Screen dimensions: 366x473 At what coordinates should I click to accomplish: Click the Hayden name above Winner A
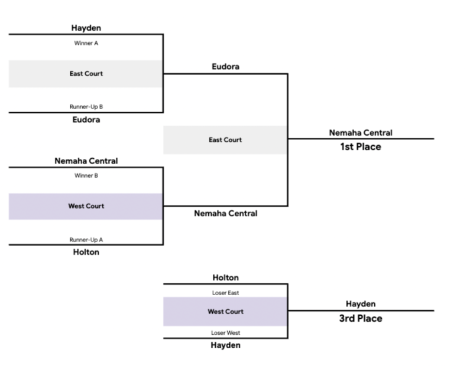point(86,28)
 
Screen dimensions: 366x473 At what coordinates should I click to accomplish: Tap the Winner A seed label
point(86,43)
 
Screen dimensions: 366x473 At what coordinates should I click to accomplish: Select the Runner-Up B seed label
point(86,107)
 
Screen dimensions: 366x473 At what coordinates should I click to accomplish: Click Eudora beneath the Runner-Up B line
point(86,120)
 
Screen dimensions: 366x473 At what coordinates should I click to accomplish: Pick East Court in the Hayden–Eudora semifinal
point(86,74)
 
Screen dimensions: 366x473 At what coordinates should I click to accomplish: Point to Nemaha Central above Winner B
point(86,161)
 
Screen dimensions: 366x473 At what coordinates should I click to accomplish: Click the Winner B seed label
point(86,175)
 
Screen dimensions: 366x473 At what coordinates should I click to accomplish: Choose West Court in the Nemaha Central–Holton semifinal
point(86,206)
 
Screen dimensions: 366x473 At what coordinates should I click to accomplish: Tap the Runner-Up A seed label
point(86,240)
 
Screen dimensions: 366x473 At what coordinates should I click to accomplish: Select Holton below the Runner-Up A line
point(86,252)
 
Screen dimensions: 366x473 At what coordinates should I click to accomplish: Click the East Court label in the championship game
point(225,140)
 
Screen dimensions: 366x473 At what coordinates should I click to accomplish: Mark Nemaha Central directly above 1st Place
point(360,133)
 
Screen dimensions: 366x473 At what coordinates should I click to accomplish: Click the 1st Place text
point(360,147)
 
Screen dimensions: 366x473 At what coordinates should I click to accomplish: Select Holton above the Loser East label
point(225,277)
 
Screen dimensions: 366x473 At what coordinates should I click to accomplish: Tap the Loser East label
point(225,292)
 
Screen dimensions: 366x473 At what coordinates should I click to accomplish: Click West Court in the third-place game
point(225,312)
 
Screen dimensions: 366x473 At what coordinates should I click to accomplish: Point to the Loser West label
point(225,332)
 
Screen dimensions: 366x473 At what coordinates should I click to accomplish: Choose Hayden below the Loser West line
point(225,345)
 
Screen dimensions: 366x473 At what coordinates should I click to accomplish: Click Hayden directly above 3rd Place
point(360,304)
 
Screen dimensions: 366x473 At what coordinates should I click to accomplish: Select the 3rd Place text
point(360,319)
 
